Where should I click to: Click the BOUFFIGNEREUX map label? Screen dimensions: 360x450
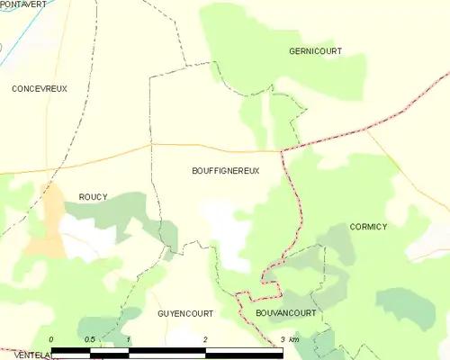tap(225, 170)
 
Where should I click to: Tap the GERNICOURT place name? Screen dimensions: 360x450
tap(315, 51)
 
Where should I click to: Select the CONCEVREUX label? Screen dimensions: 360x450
tap(40, 89)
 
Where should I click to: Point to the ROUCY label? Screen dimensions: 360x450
tap(93, 197)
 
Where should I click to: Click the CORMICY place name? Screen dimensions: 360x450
tap(368, 227)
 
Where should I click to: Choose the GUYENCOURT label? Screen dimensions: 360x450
tap(184, 313)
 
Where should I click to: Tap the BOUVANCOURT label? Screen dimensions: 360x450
tap(285, 313)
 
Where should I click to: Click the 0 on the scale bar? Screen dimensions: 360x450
tap(51, 339)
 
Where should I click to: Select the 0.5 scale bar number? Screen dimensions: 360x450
tap(90, 339)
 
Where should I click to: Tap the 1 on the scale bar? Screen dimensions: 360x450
tap(129, 339)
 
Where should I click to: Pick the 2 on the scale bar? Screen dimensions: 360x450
tap(206, 339)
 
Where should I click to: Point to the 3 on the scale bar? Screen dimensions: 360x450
tap(282, 339)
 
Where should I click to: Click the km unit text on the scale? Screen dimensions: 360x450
tap(294, 339)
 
